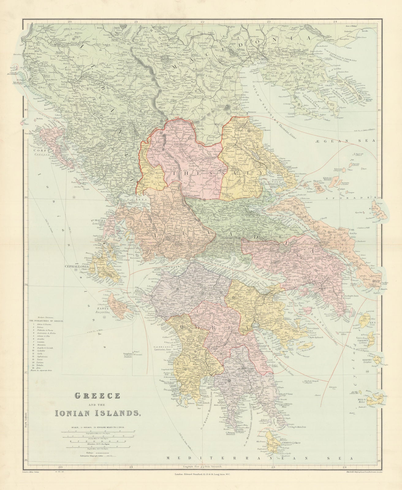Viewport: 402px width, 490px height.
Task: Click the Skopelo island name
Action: [314, 178]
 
